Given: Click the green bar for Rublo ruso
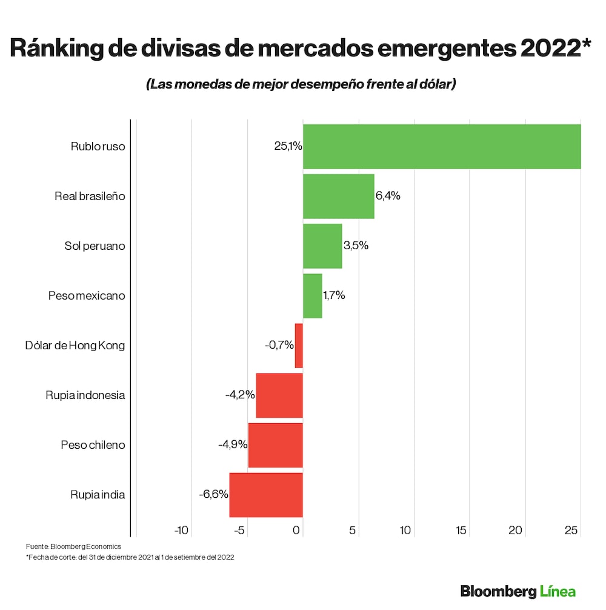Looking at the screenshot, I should click(x=441, y=147).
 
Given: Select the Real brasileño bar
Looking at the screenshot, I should click(x=338, y=196).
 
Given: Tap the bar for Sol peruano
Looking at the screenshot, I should click(x=322, y=246).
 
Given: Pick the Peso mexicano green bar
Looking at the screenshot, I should click(x=312, y=296).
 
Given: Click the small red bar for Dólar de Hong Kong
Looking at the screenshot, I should click(x=299, y=346).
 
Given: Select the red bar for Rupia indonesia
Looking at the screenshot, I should click(x=279, y=395).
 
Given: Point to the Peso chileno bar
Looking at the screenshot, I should click(x=275, y=445).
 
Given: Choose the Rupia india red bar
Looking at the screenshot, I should click(x=266, y=495).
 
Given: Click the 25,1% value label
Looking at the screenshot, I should click(x=288, y=147).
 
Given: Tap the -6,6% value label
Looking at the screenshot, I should click(x=213, y=495).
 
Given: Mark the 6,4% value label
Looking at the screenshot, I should click(x=388, y=196).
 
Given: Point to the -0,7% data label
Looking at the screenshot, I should click(x=279, y=346).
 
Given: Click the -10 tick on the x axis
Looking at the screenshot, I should click(x=182, y=531).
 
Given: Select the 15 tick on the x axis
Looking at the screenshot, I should click(x=461, y=531).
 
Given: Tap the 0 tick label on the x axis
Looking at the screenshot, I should click(x=297, y=531).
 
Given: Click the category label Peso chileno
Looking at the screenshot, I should click(x=93, y=445).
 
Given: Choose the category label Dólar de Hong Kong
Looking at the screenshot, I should click(x=75, y=346).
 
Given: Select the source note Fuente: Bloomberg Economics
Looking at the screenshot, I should click(x=73, y=546).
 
